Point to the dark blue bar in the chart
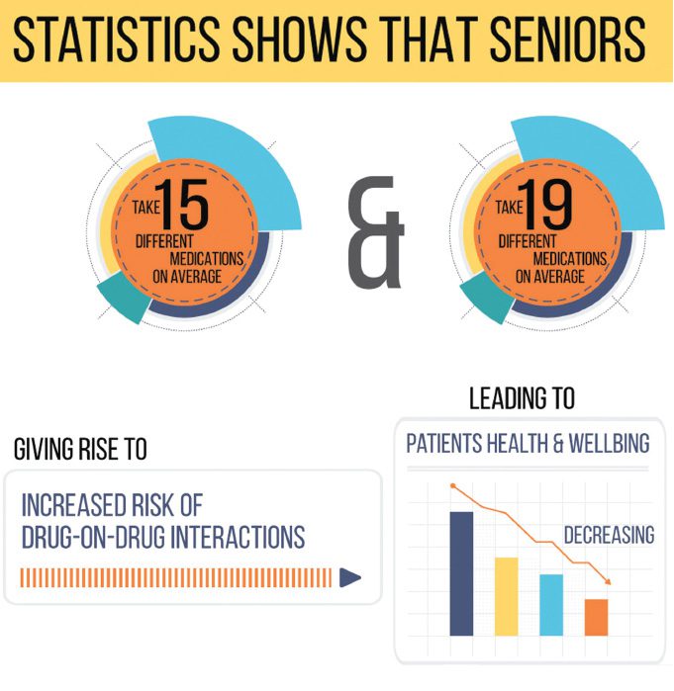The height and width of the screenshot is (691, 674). (x=461, y=573)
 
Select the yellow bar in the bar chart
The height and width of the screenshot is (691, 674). (x=506, y=596)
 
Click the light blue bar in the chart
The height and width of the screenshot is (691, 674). (x=551, y=604)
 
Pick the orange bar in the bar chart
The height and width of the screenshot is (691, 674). (x=596, y=617)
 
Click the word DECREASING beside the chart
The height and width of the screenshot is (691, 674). (x=609, y=535)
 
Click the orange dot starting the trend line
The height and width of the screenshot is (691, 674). (x=453, y=485)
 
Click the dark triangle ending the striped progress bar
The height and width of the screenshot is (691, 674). (x=349, y=578)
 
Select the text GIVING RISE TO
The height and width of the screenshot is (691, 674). (x=80, y=450)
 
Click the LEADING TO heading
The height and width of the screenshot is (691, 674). (x=522, y=399)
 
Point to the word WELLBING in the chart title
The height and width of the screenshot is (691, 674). (x=605, y=443)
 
